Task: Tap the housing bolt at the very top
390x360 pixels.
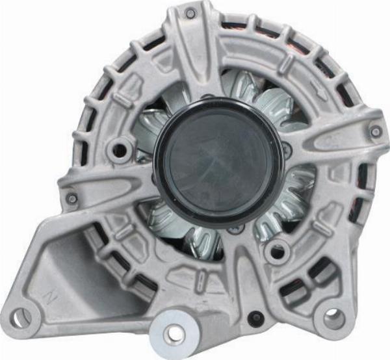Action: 190,12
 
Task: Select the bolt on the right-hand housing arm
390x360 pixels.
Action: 376,131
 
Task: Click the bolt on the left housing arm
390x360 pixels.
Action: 72,198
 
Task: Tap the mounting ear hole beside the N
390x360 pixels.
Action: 20,318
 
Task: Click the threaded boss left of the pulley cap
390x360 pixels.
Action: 120,151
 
